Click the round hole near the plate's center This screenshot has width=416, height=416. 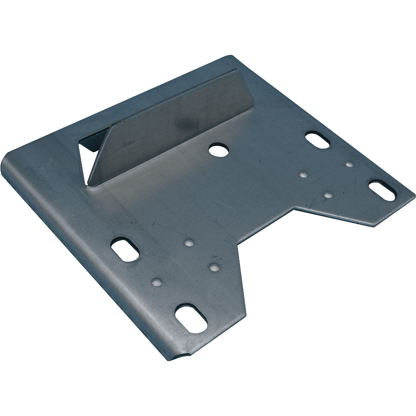coord(218,150)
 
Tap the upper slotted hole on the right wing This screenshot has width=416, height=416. coord(317,140)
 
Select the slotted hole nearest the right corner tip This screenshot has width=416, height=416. coord(382,190)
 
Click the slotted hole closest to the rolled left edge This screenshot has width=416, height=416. coord(125,249)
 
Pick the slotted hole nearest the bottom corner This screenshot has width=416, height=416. coord(191,318)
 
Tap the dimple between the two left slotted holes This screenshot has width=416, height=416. coord(157,282)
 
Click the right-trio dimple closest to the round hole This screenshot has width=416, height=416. coord(304,174)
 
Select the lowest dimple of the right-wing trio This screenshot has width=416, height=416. coord(328,195)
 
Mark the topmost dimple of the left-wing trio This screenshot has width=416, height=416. coord(189,243)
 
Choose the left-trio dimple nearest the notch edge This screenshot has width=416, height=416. coord(214,267)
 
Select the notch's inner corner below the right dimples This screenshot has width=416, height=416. coord(295,208)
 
